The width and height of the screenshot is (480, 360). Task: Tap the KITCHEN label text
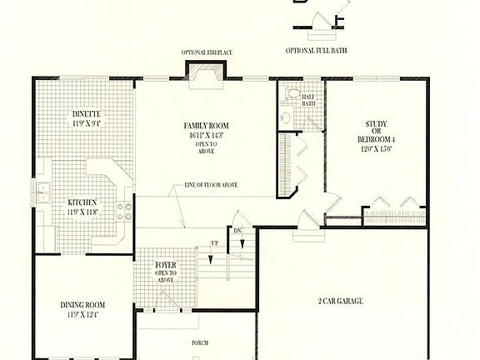tap(82, 202)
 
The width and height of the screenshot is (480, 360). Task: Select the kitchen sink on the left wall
tap(41, 194)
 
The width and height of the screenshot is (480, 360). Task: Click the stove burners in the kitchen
tap(123, 210)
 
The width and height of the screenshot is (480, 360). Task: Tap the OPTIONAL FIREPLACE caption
tap(207, 52)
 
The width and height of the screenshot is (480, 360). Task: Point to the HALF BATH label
tap(309, 98)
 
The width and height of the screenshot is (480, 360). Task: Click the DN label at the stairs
tap(236, 231)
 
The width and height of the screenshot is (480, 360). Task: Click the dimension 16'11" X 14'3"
tap(206, 135)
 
